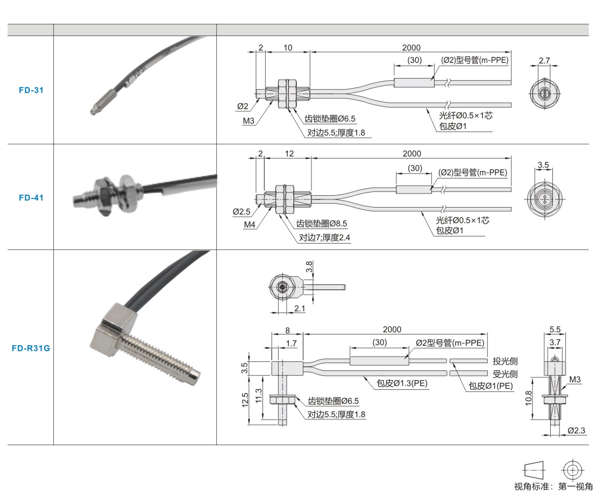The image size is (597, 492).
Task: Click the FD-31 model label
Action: click(31, 90)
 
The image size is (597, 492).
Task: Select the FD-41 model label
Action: click(31, 197)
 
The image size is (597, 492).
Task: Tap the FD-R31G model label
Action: click(31, 347)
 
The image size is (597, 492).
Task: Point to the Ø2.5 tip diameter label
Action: click(242, 212)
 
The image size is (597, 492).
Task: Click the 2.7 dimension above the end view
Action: click(544, 61)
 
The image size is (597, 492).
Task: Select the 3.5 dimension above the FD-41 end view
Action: click(543, 165)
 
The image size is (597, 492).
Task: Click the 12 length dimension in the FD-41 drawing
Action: click(289, 154)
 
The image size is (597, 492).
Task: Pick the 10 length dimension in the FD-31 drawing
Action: click(288, 48)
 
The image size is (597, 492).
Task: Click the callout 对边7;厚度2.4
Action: click(324, 237)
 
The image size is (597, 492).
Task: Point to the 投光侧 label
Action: click(505, 360)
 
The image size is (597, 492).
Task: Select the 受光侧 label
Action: click(505, 373)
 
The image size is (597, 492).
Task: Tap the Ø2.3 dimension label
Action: click(576, 430)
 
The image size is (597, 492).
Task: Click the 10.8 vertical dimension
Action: click(529, 397)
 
